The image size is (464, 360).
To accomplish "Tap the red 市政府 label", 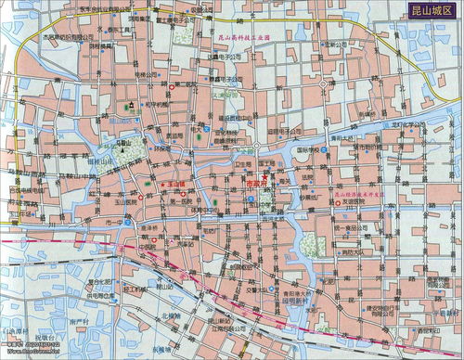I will [x=255, y=184].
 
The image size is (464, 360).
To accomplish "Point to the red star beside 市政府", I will [x=264, y=176].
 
